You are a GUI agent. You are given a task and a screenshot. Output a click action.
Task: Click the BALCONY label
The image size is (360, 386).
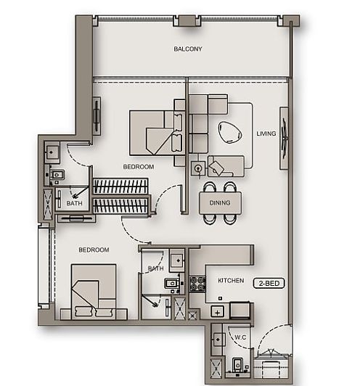(187, 49)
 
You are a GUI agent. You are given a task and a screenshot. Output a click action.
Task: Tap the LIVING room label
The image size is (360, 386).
(266, 134)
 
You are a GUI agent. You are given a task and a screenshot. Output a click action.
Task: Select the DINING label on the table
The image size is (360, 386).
(220, 204)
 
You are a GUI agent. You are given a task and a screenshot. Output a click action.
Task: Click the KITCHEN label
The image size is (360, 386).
(231, 280)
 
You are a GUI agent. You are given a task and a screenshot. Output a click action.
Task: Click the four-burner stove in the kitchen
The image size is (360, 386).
(197, 284)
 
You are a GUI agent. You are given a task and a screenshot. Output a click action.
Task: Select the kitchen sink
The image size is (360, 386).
(217, 311)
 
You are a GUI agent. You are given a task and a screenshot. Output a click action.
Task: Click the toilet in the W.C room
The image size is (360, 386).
(237, 364)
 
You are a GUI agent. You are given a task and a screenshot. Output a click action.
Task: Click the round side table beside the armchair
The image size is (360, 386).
(197, 168)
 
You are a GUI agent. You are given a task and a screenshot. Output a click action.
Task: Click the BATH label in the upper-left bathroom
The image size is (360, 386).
(75, 204)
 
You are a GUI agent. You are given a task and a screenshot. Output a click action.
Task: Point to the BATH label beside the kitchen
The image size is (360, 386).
(155, 268)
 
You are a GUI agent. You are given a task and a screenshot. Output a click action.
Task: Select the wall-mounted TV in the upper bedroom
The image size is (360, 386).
(97, 114)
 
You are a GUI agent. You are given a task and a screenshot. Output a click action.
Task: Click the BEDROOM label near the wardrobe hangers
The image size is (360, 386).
(138, 167)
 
